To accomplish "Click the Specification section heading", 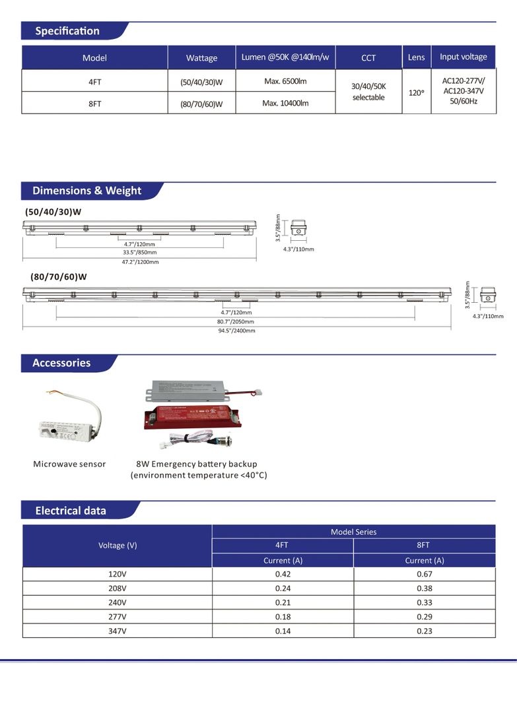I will coord(67,31).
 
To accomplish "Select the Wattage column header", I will coord(201,58).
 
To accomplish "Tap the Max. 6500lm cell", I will coord(285,81).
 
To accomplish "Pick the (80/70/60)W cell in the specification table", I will coord(201,104).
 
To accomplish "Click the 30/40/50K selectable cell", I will coord(368,92).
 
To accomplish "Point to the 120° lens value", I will coord(416,93).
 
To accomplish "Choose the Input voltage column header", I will coord(463,57).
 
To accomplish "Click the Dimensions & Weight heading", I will coord(86,191).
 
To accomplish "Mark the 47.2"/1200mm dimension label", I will coord(141,262).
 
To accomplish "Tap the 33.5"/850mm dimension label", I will coord(140,253).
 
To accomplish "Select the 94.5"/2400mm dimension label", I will coord(236,331).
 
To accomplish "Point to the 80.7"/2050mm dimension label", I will coord(236,321).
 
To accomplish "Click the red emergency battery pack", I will coord(188,416).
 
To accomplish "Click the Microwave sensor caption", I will coord(69,464).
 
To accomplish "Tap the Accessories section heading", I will coord(61,363).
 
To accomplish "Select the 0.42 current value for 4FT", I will coord(283,574).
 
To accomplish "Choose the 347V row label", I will coord(118,631).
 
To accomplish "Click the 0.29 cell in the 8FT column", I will coord(424,616).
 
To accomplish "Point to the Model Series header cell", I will coord(353,532).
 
